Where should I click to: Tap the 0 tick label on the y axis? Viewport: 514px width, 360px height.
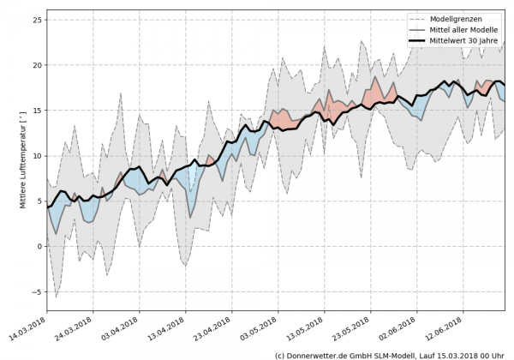(38, 247)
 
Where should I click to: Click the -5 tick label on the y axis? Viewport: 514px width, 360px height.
(35, 292)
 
